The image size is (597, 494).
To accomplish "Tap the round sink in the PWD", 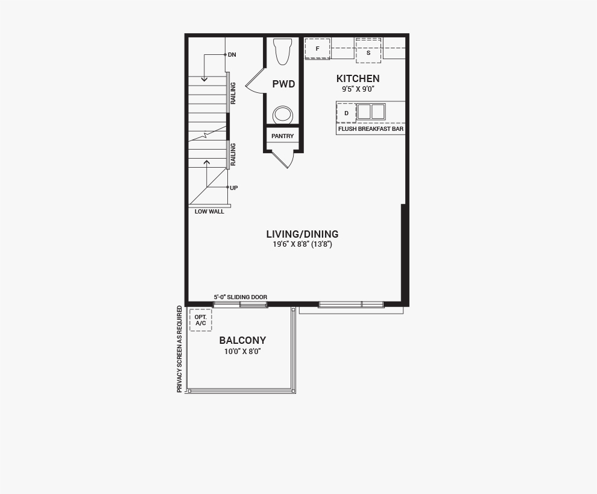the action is click(283, 114).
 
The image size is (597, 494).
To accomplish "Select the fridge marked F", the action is click(318, 49).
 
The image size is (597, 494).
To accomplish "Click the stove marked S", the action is click(368, 50).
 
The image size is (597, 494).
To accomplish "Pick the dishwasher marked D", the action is click(347, 113).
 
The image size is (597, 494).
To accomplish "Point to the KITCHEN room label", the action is click(358, 79).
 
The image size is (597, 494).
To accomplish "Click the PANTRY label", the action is click(282, 136).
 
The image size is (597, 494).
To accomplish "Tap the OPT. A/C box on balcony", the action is click(201, 320).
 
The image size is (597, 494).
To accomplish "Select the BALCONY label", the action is click(242, 340).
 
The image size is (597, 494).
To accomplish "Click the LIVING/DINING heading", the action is click(302, 234).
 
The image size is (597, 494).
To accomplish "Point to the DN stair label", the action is click(232, 55).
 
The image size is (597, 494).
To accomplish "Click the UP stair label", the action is click(234, 188).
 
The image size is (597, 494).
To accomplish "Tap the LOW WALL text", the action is click(209, 211).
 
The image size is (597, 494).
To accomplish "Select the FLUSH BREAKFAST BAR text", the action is click(371, 128).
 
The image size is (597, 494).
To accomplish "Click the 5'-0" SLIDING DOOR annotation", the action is click(240, 297).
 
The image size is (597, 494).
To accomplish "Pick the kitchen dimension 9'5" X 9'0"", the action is click(358, 89).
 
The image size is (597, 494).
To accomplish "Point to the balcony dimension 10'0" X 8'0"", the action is click(242, 351).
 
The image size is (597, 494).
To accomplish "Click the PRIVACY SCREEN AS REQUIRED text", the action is click(180, 349).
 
